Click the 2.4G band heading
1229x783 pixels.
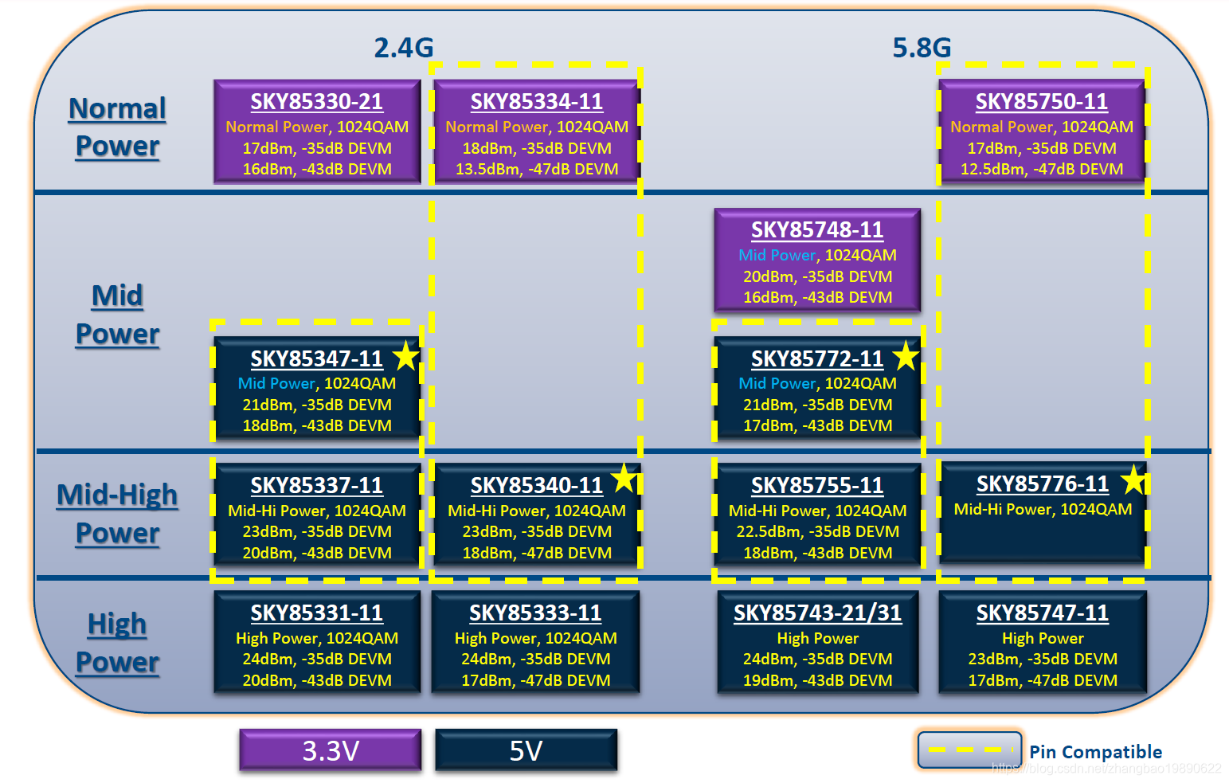point(404,48)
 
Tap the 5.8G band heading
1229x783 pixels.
point(922,48)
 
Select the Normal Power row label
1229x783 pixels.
point(117,127)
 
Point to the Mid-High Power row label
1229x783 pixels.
point(117,513)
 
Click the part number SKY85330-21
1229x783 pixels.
point(316,102)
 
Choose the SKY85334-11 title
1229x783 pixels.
point(536,102)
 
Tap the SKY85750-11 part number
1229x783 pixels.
point(1041,102)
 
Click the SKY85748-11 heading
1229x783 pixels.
point(817,230)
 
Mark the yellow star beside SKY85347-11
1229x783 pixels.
point(406,355)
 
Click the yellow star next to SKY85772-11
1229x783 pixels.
point(906,355)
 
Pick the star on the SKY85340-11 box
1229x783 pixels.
point(624,479)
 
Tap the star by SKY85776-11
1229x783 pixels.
point(1133,480)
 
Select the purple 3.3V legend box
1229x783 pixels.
point(331,750)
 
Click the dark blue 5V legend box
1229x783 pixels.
point(526,750)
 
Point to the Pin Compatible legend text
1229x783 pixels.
point(1095,752)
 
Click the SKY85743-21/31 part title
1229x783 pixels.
point(817,613)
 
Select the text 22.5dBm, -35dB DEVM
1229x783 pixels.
point(817,532)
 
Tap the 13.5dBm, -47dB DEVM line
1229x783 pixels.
point(536,169)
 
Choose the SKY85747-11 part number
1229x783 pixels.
point(1042,613)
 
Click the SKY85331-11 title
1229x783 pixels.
point(316,613)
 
